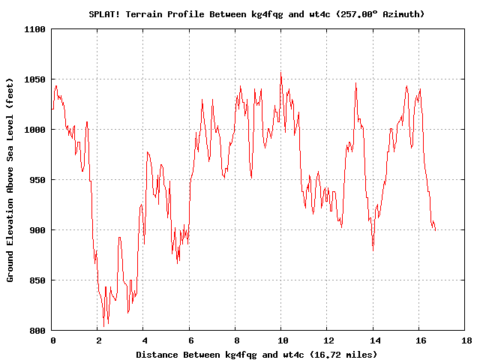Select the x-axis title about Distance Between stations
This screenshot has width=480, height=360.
point(256,354)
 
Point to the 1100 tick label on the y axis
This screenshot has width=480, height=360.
point(35,29)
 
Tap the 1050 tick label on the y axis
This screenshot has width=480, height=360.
point(35,79)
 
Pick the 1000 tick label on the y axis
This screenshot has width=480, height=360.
point(35,130)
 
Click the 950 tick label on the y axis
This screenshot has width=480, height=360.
point(37,180)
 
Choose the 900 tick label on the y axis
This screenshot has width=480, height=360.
point(37,230)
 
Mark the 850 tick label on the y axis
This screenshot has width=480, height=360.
point(37,280)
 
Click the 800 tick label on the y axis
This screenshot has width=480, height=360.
point(37,331)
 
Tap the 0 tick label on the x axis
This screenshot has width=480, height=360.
point(52,340)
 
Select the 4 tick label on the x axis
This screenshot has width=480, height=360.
point(144,340)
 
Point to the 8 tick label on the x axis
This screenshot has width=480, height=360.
point(235,340)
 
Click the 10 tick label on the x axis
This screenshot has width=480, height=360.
point(281,340)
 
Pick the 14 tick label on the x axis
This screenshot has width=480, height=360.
point(373,340)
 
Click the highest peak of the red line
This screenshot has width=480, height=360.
point(281,73)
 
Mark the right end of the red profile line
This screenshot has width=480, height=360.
point(436,230)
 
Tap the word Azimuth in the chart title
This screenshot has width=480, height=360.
point(403,13)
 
